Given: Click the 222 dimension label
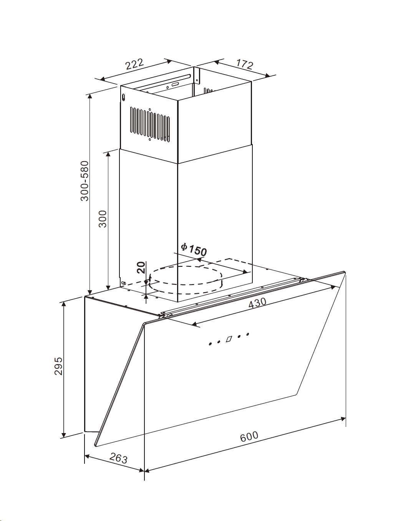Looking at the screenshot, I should tap(135, 65).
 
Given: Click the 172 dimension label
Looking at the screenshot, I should tap(244, 64).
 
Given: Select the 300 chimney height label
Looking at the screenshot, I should tap(103, 219).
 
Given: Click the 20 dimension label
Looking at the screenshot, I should tap(141, 267).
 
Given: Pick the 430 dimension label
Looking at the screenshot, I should tap(257, 303).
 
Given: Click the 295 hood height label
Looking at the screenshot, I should tap(58, 367).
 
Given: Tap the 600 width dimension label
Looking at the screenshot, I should tap(249, 437).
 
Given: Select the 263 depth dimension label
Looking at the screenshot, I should tap(118, 458).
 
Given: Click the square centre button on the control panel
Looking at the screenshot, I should tap(229, 339).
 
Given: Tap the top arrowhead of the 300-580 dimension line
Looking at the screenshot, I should tap(90, 96).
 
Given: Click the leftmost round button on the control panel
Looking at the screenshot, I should tap(210, 344).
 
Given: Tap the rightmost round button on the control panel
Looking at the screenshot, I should tap(248, 334).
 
